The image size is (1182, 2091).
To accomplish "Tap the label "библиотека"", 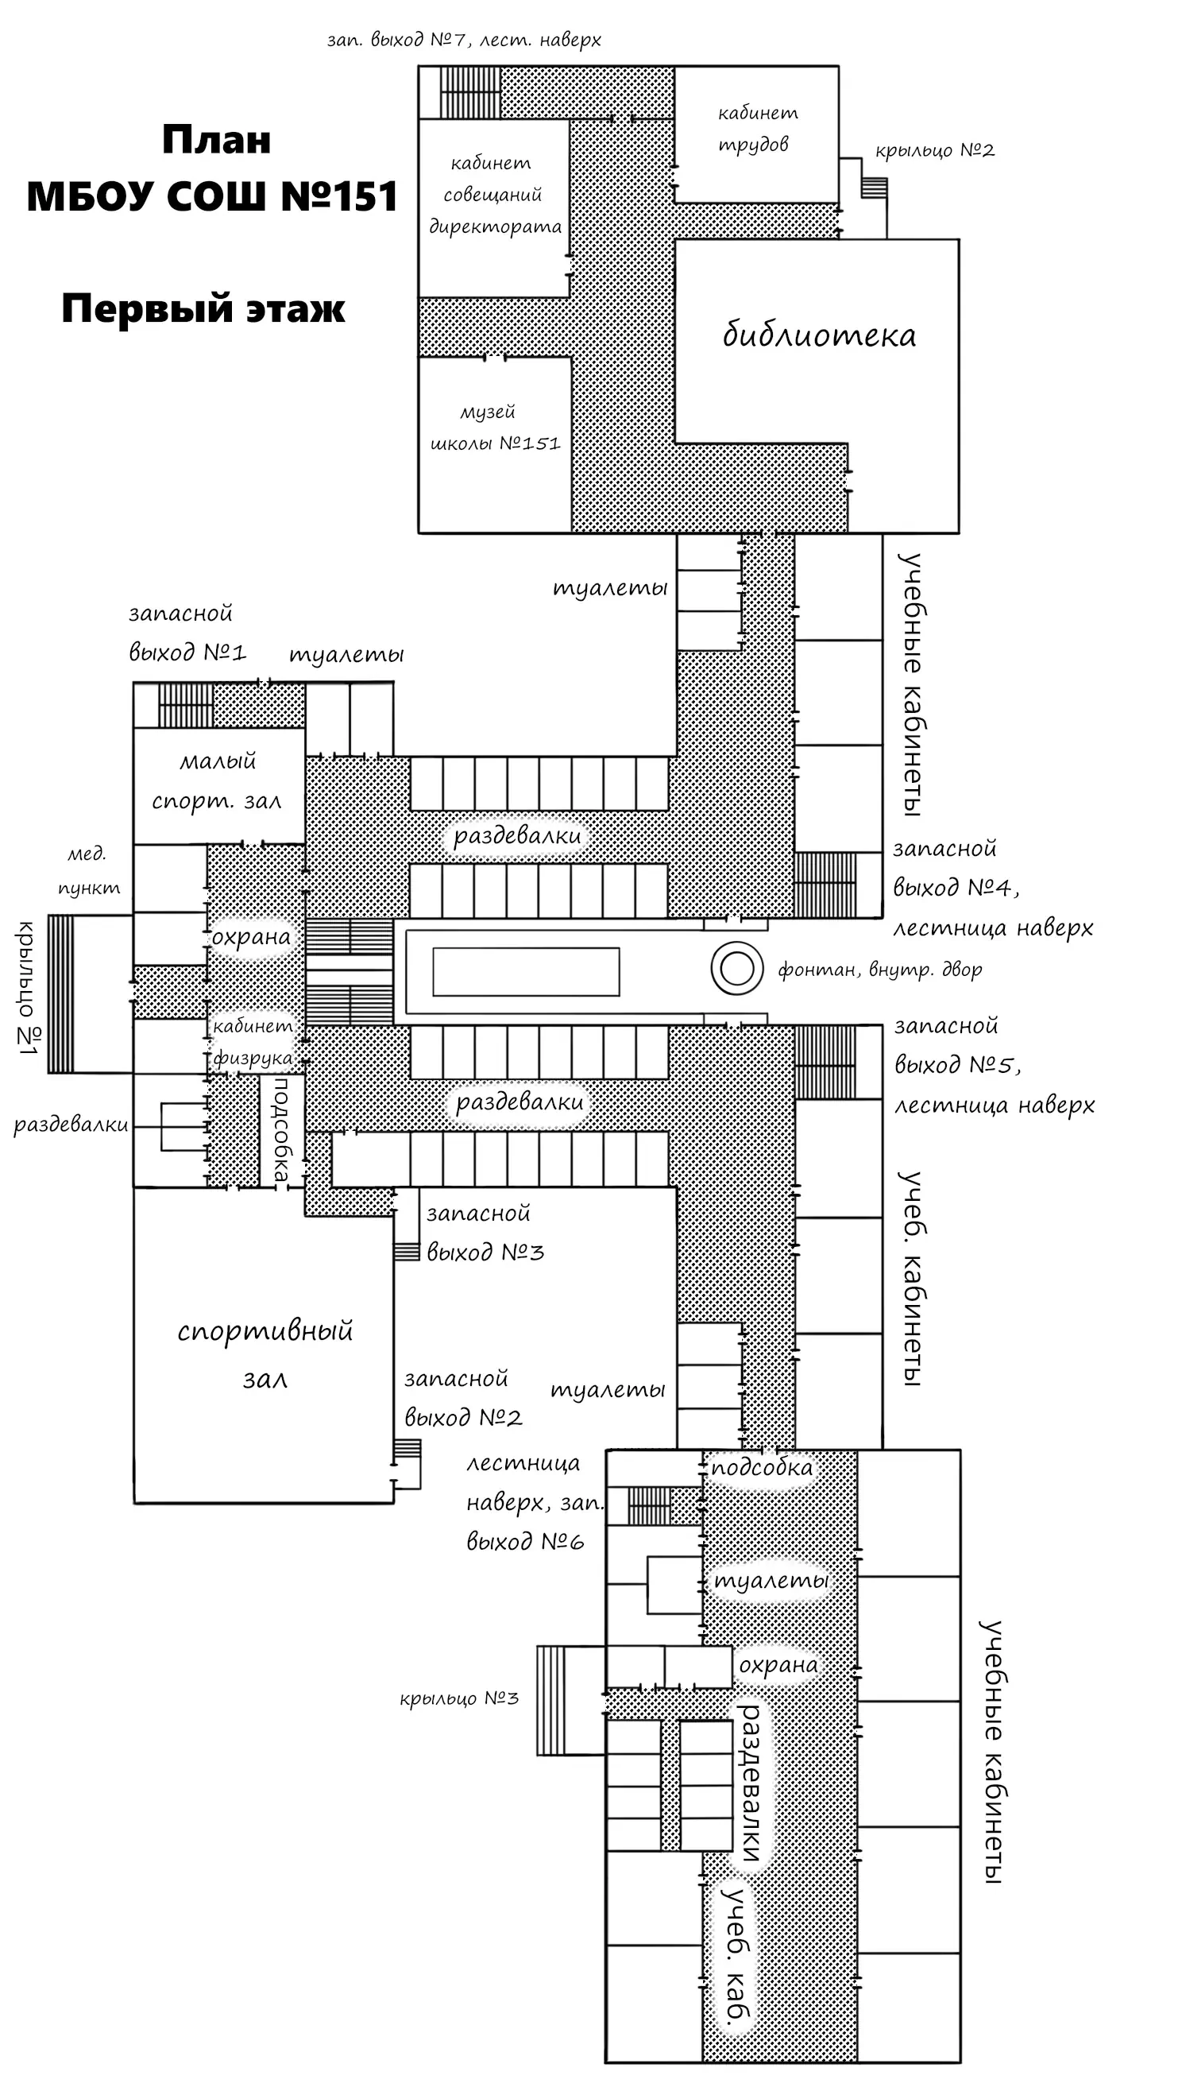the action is pyautogui.click(x=819, y=335).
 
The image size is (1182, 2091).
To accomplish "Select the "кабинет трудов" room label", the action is pyautogui.click(x=756, y=129).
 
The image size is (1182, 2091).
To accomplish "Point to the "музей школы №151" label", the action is pyautogui.click(x=494, y=428).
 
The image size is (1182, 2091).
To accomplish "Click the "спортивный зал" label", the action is pyautogui.click(x=265, y=1353).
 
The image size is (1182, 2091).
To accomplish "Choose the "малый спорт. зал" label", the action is pyautogui.click(x=217, y=781).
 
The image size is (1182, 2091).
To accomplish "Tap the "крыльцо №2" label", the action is pyautogui.click(x=934, y=151).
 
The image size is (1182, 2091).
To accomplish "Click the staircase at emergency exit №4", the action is pyautogui.click(x=825, y=885).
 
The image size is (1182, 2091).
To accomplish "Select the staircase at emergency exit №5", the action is pyautogui.click(x=825, y=1062).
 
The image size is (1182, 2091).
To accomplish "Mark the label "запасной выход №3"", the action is pyautogui.click(x=485, y=1233).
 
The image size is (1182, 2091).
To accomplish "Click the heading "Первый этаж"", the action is pyautogui.click(x=203, y=309).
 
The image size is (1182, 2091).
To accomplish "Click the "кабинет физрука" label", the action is pyautogui.click(x=253, y=1042).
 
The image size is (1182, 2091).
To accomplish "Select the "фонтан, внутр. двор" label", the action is pyautogui.click(x=880, y=970).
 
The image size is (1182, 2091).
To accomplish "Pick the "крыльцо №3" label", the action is pyautogui.click(x=458, y=1698).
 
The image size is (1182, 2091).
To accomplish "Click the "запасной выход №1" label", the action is pyautogui.click(x=187, y=633).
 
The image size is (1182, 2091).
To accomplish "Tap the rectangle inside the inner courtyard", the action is pyautogui.click(x=526, y=971).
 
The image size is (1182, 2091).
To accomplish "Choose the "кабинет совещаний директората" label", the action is pyautogui.click(x=494, y=195).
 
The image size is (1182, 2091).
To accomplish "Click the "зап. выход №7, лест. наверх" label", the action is pyautogui.click(x=464, y=40).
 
